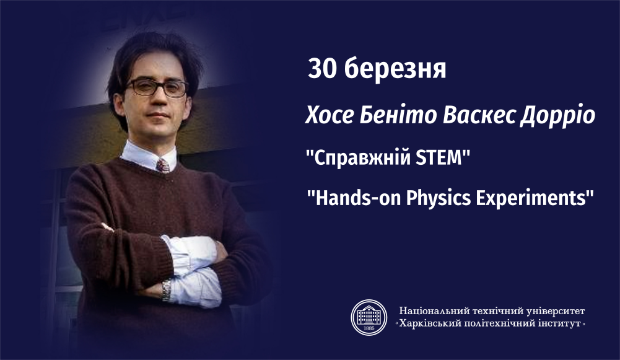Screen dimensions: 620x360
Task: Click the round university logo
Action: (369, 317)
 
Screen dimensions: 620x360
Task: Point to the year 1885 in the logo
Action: (369, 329)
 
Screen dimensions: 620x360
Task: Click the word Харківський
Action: (430, 323)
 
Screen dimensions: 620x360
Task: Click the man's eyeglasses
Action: (157, 87)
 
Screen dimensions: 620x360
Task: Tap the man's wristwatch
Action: (167, 289)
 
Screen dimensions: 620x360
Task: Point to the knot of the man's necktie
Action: (162, 165)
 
